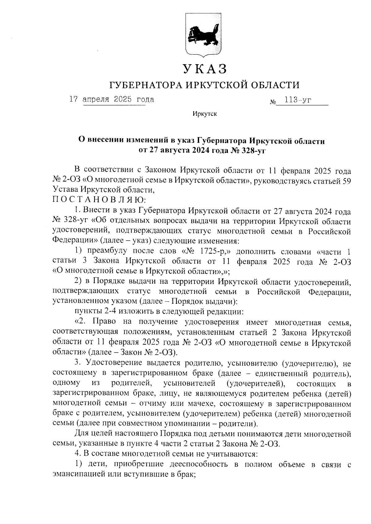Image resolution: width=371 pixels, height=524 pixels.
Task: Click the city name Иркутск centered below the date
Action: point(204,114)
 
